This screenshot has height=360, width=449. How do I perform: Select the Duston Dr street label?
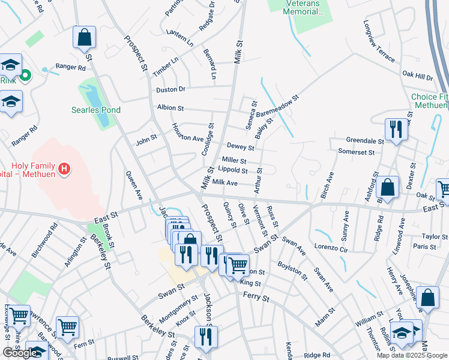[170, 89]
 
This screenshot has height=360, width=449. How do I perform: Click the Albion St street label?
[170, 108]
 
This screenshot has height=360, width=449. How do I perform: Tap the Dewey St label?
[240, 146]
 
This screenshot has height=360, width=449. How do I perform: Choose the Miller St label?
[234, 160]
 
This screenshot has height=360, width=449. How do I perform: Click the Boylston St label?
[292, 270]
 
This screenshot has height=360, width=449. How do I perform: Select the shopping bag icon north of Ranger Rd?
[84, 38]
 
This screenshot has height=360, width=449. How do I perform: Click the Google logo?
[20, 353]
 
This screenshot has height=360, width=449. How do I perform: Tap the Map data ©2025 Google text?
[412, 355]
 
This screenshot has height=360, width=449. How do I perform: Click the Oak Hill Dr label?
[417, 76]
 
